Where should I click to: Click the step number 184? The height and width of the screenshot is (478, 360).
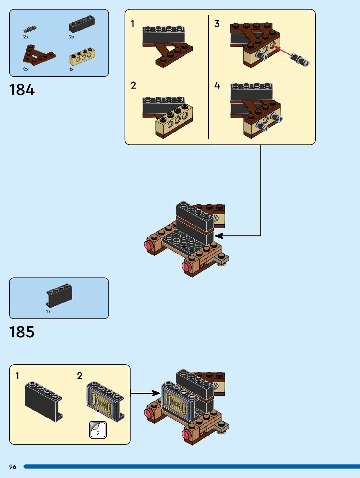[x=22, y=90]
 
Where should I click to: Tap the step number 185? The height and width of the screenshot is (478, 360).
[x=22, y=332]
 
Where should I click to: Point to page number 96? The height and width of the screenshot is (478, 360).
[x=13, y=467]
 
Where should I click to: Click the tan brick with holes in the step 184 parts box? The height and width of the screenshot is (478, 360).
[x=82, y=57]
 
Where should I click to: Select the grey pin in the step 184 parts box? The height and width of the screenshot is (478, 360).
[x=30, y=29]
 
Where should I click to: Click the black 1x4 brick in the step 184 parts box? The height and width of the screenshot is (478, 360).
[x=82, y=24]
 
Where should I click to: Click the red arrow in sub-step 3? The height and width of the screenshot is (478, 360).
[x=282, y=52]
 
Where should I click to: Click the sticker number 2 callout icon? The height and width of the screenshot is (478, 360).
[x=98, y=430]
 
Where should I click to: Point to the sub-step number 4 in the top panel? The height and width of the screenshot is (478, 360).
[x=217, y=86]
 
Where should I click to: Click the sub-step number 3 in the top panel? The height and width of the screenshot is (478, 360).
[x=217, y=24]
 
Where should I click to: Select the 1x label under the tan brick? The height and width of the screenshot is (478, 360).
[x=71, y=69]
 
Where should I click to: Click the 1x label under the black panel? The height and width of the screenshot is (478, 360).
[x=48, y=312]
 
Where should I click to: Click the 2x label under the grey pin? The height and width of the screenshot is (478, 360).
[x=26, y=37]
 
